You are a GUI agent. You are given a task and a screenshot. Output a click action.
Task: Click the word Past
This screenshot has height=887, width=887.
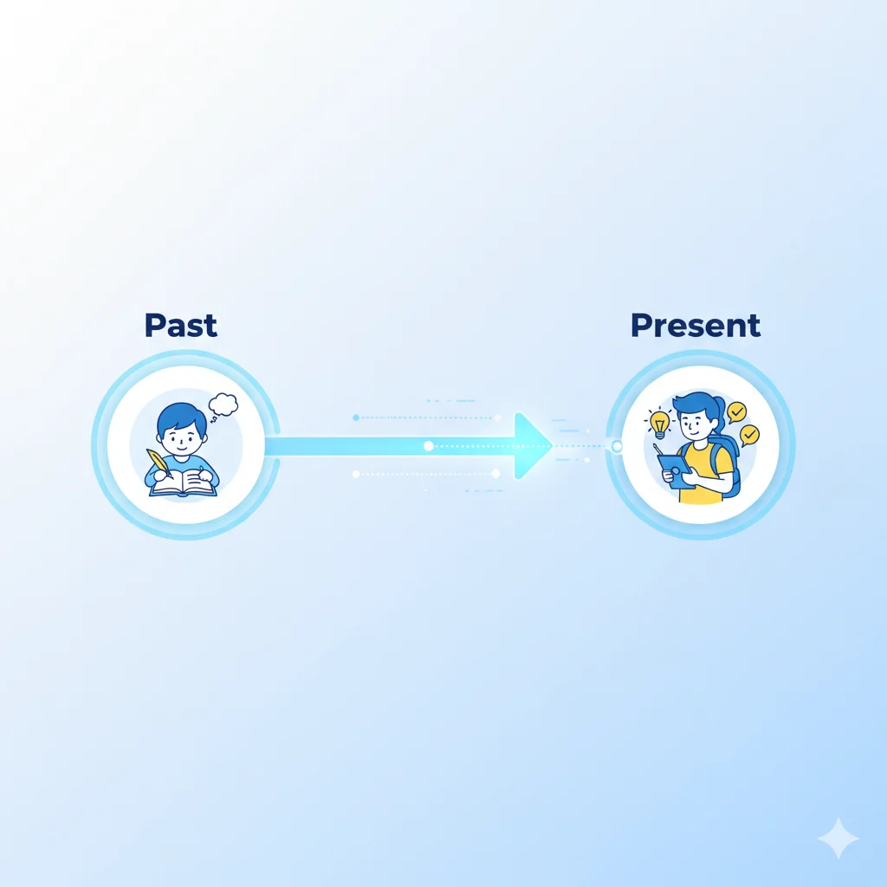(180, 325)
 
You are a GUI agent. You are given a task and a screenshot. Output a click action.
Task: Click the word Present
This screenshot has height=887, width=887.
(696, 325)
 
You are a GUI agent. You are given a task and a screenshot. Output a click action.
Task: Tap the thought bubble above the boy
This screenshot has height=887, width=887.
(223, 405)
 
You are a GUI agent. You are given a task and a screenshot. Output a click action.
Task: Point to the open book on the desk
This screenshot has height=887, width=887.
(183, 484)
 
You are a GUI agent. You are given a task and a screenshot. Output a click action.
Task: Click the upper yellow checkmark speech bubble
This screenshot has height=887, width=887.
(737, 411)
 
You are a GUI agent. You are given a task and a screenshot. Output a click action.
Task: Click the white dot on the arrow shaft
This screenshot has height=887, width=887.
(428, 446)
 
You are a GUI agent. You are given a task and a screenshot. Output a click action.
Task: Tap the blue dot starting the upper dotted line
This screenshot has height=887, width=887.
(356, 418)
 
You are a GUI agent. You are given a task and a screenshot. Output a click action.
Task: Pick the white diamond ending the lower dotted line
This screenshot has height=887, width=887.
(495, 473)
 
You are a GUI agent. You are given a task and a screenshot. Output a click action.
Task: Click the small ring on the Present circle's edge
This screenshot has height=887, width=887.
(617, 446)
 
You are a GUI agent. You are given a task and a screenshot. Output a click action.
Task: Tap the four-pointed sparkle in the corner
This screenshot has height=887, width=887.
(838, 838)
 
